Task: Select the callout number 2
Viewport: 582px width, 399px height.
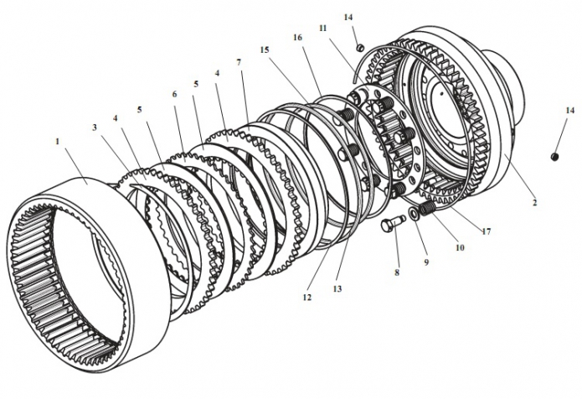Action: coord(534,202)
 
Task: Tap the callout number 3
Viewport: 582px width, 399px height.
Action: coord(95,127)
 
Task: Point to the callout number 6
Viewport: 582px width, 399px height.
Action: coord(175,95)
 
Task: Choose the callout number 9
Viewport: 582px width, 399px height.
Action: coord(425,262)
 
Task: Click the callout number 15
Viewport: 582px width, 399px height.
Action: coord(265,49)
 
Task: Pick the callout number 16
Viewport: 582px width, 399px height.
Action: coord(297,39)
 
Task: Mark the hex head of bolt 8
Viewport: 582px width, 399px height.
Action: coord(385,225)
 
